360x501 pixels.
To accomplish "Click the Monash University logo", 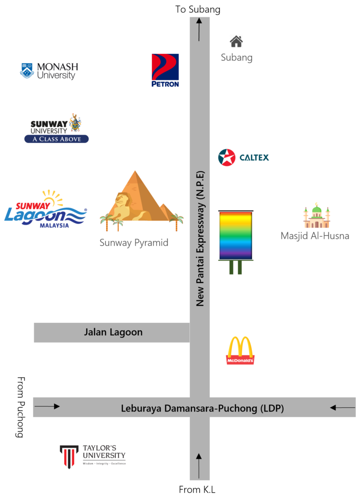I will pyautogui.click(x=49, y=72).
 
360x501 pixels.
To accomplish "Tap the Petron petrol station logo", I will pyautogui.click(x=165, y=70).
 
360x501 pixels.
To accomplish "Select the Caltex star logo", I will pyautogui.click(x=227, y=157).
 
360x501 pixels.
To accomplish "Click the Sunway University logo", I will pyautogui.click(x=56, y=128).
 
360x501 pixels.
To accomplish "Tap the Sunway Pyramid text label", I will pyautogui.click(x=134, y=243).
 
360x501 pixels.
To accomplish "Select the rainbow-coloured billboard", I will pyautogui.click(x=235, y=235).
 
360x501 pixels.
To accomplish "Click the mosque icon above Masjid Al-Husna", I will pyautogui.click(x=316, y=216).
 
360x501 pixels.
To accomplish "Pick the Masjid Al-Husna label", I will pyautogui.click(x=315, y=236).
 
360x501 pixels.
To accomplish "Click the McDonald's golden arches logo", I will pyautogui.click(x=240, y=350).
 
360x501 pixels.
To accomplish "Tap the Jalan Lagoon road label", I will pyautogui.click(x=113, y=332).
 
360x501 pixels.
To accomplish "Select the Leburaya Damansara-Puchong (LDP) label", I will pyautogui.click(x=202, y=408).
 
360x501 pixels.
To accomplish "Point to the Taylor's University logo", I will pyautogui.click(x=93, y=456).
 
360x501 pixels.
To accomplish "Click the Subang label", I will pyautogui.click(x=237, y=58).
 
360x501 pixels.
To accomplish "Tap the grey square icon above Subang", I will pyautogui.click(x=236, y=41).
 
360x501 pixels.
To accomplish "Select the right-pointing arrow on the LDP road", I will pyautogui.click(x=47, y=406).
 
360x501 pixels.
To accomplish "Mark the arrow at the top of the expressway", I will pyautogui.click(x=199, y=29).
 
